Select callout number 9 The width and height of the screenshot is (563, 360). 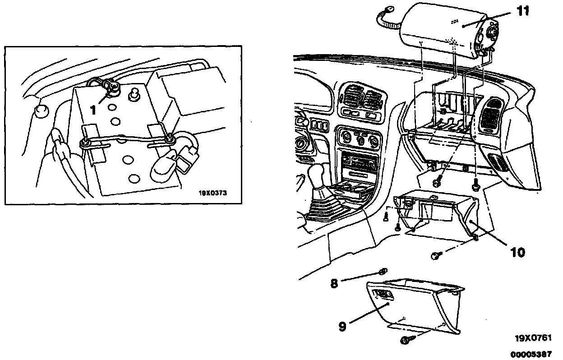tap(343, 326)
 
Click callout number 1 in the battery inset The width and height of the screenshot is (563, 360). tap(92, 109)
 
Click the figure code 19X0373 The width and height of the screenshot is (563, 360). tap(212, 193)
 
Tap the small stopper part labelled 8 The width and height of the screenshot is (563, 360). tap(382, 271)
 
